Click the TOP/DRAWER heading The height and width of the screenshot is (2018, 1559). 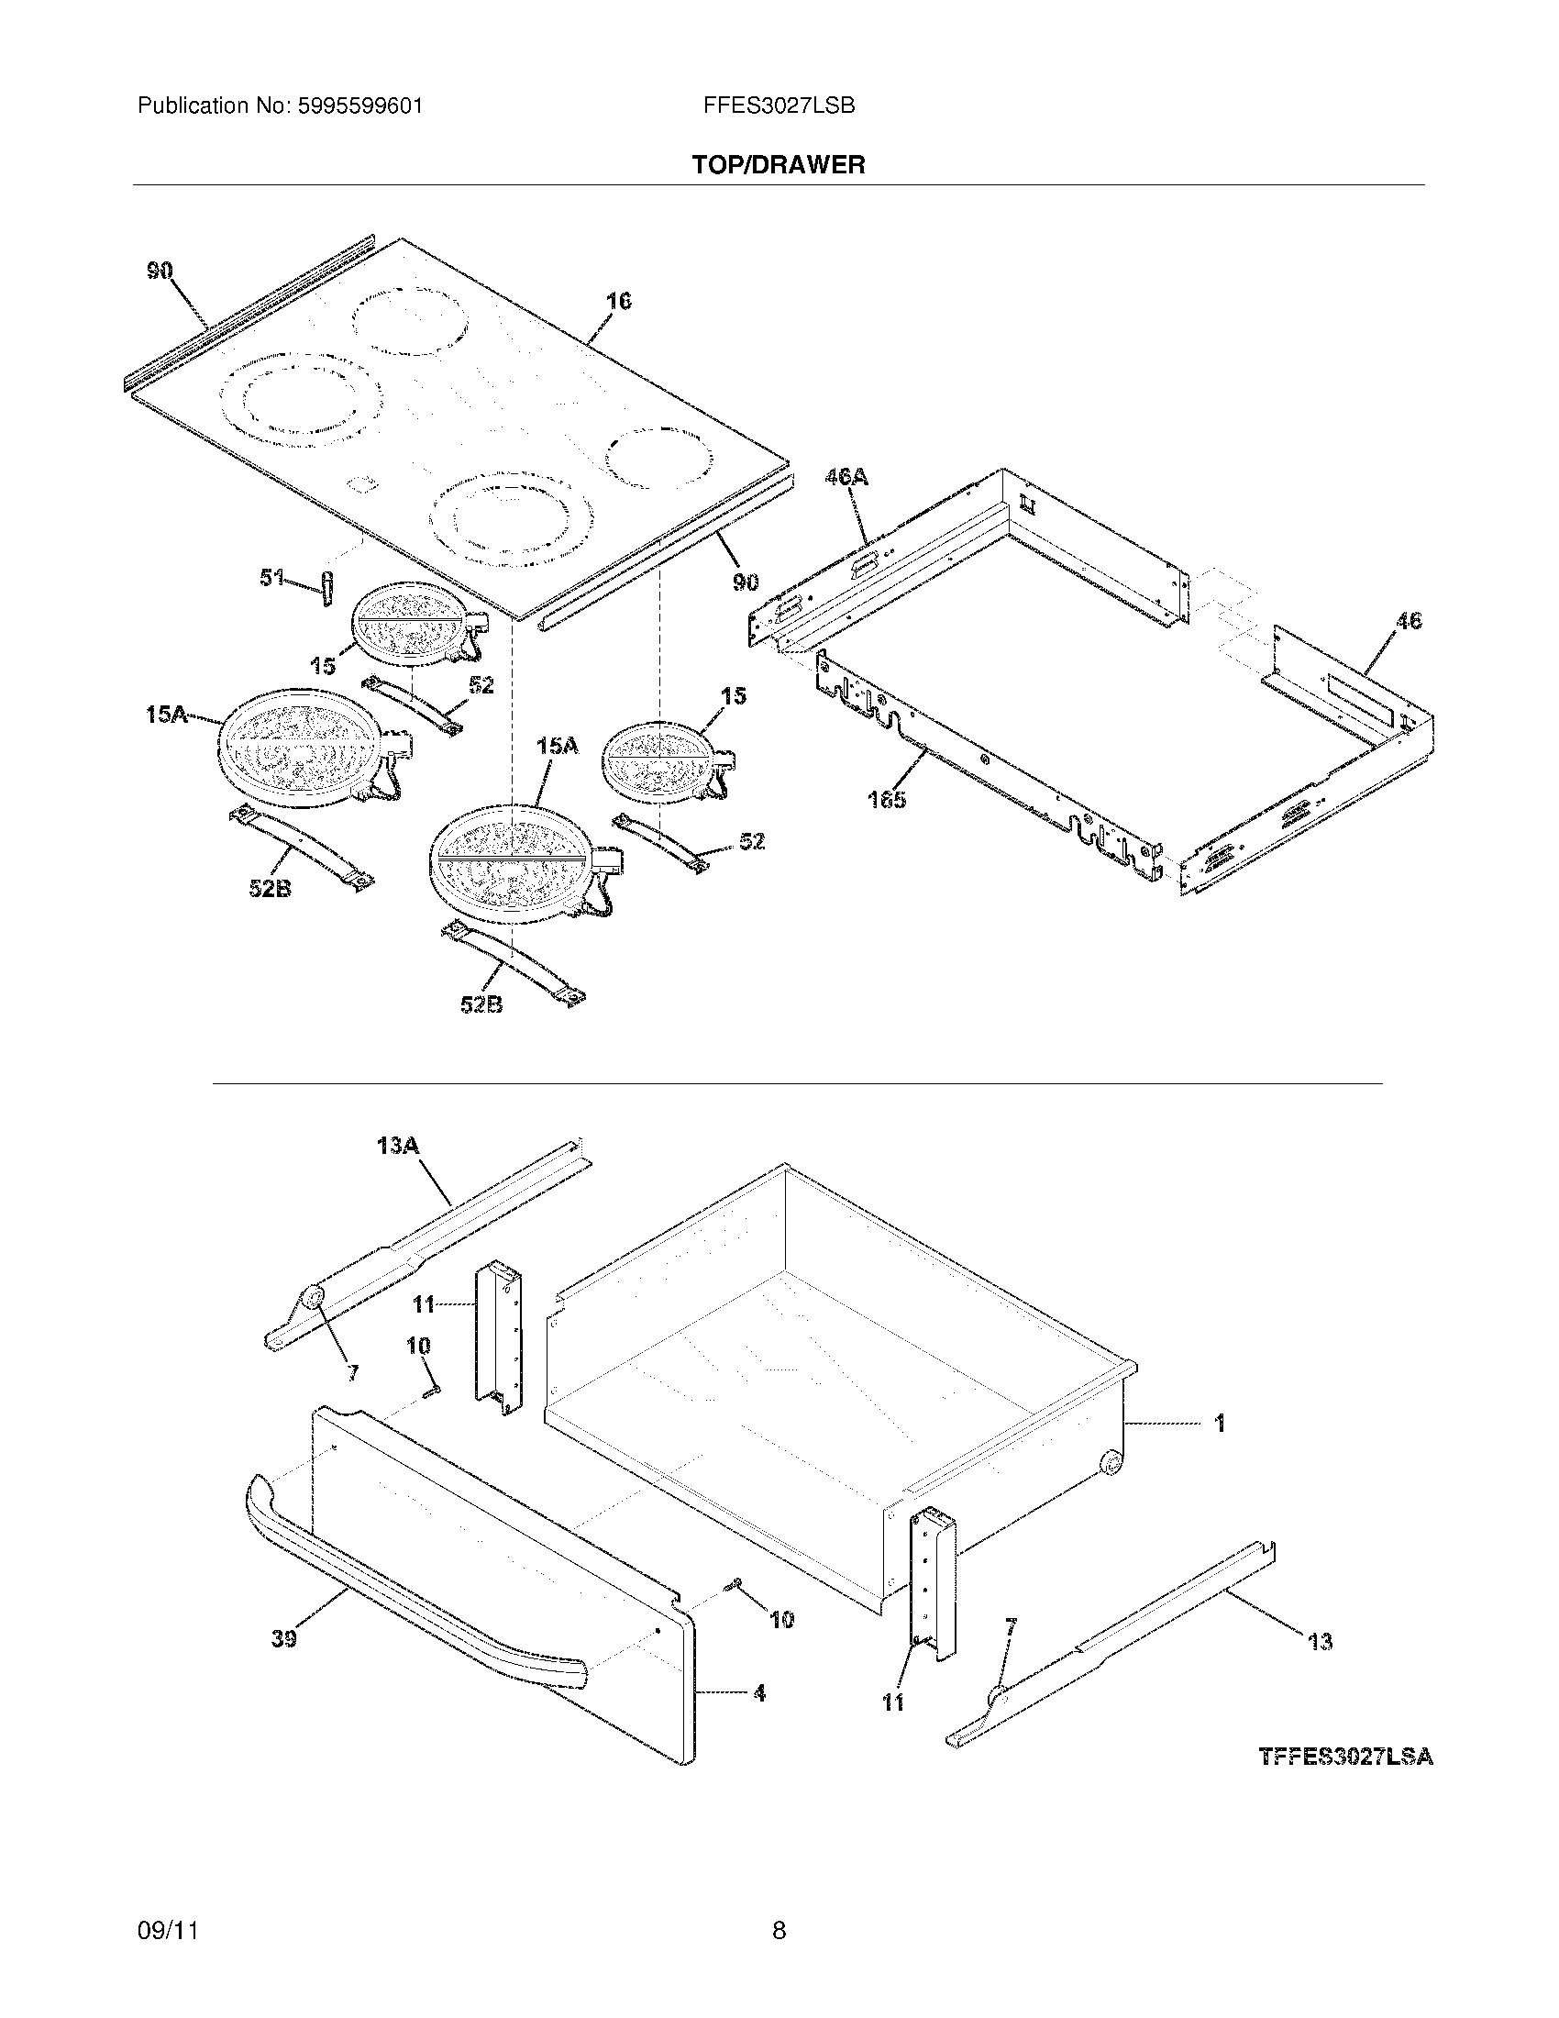coord(779,165)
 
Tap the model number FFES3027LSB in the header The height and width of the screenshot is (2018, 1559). coord(779,106)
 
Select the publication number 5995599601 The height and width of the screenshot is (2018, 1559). coord(360,106)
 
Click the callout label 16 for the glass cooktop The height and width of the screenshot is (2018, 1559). coord(618,301)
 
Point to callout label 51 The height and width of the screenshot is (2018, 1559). coord(271,579)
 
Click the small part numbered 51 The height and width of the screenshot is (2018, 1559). coord(326,589)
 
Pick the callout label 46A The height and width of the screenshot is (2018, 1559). coord(846,477)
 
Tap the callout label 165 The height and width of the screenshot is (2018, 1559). coord(887,799)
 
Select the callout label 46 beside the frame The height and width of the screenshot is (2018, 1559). coord(1408,621)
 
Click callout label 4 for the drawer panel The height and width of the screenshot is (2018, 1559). coord(759,1693)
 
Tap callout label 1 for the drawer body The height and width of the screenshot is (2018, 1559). coord(1219,1424)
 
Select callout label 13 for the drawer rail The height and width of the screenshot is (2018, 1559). coord(1321,1641)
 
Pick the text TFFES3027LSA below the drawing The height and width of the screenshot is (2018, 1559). coord(1344,1757)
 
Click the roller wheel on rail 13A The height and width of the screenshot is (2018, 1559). coord(313,1299)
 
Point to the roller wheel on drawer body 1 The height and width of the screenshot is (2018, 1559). coord(1111,1464)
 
